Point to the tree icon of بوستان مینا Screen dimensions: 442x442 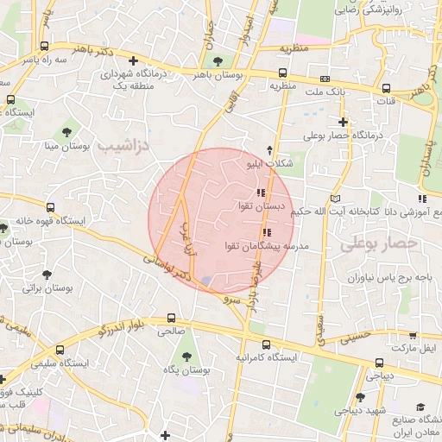click(66, 131)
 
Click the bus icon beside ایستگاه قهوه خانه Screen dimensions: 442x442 click(51, 208)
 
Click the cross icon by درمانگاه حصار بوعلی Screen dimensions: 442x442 click(343, 122)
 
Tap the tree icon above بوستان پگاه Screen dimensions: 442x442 click(184, 356)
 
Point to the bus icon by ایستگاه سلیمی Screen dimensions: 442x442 click(60, 350)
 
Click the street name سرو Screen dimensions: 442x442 click(229, 300)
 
